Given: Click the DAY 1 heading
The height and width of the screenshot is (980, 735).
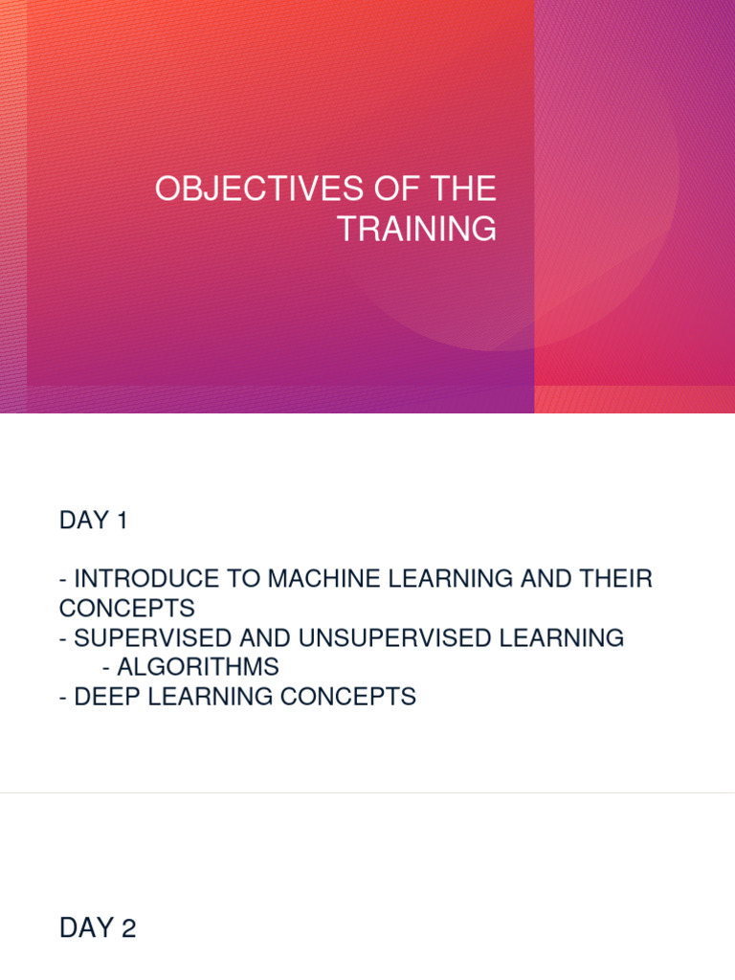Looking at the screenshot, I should (x=93, y=521).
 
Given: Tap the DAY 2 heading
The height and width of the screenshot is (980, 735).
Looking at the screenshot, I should (x=98, y=927).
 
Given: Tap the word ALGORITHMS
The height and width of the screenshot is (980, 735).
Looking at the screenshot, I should (x=198, y=667).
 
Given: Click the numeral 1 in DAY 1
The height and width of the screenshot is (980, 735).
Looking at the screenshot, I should (x=121, y=521).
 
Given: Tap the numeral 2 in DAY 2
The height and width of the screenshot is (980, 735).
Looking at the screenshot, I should (x=128, y=927).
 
